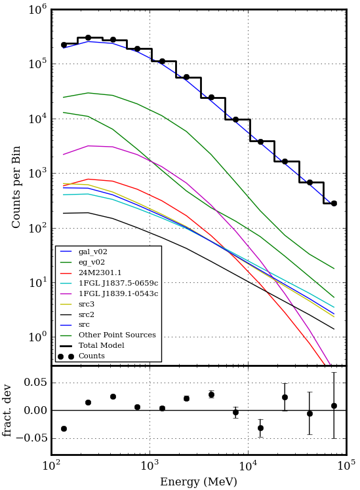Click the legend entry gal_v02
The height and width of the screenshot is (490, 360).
coord(93,252)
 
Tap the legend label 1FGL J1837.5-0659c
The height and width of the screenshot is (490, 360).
coord(118,283)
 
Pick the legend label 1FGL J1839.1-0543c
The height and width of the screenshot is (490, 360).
coord(118,293)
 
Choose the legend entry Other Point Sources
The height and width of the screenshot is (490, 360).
coord(117,335)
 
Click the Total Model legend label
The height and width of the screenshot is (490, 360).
coord(102,345)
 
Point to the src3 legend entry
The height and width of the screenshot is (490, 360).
coord(87,304)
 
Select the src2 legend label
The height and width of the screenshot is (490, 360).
coord(87,314)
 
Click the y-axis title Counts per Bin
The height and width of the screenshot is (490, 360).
coord(16,187)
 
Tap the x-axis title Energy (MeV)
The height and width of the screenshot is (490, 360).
coord(198,481)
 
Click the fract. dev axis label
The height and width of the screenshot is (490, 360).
coord(7,411)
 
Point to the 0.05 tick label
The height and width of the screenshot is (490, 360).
coord(36,383)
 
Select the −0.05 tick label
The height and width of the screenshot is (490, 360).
coord(32,438)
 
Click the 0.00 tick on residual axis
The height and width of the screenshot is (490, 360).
coord(36,410)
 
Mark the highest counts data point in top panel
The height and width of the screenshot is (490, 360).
coord(89,38)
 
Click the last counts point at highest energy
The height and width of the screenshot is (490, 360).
coord(334,204)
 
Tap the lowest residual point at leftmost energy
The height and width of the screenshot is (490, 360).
coord(64,428)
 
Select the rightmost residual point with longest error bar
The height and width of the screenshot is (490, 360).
coord(334,406)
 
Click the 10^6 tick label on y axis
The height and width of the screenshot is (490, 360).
coord(38,9)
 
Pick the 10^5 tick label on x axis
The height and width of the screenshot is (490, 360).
coord(346,466)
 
